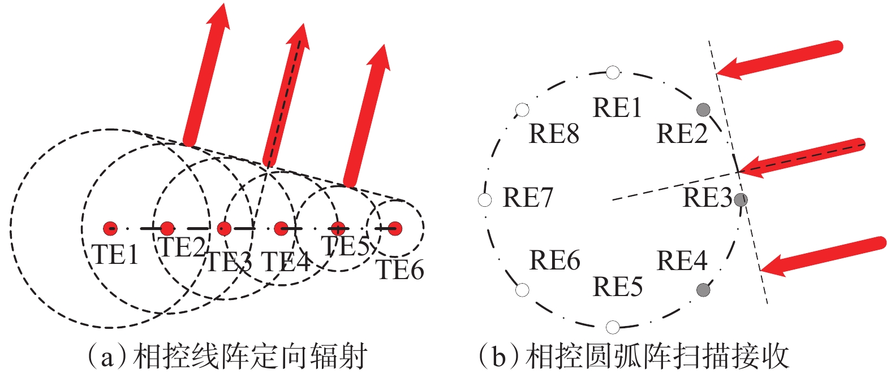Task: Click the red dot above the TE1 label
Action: coord(110,229)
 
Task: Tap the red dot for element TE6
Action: coord(395,229)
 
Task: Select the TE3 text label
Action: coord(229,262)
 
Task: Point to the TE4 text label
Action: coord(286,262)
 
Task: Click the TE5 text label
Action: coord(345,246)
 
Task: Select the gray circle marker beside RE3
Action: coord(741,199)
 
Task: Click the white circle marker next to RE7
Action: coord(485,199)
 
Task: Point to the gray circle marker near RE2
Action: coord(703,110)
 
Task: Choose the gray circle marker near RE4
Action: coord(703,290)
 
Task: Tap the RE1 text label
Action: coord(617,107)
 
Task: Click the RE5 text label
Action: coord(617,286)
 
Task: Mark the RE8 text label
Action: coord(554,134)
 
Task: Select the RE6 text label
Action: coord(554,260)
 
